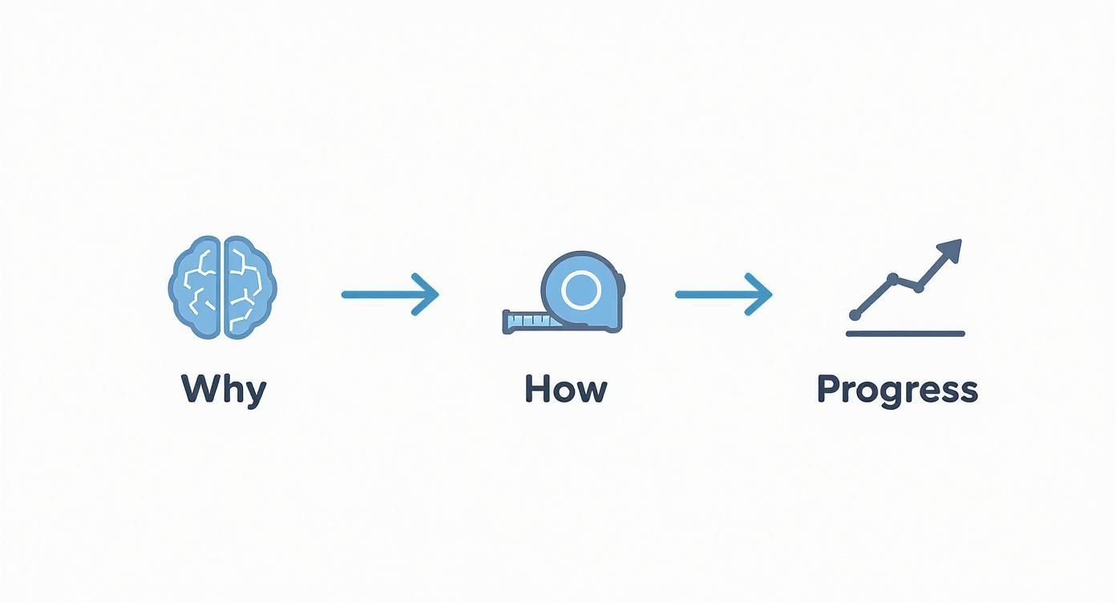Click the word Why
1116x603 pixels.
[224, 391]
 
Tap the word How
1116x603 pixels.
[566, 388]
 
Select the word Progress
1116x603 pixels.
[898, 391]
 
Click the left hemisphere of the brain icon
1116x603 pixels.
[195, 288]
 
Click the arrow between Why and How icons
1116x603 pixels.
[390, 294]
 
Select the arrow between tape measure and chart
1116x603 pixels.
[724, 294]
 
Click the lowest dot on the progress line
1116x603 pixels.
[855, 315]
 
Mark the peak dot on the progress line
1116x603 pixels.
[893, 278]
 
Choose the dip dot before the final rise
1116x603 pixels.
[919, 288]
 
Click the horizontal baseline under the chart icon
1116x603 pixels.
[905, 334]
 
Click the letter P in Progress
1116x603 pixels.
[828, 388]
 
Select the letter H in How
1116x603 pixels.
[538, 388]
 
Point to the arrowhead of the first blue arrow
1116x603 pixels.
[427, 294]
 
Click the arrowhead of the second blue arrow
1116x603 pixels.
[760, 294]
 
